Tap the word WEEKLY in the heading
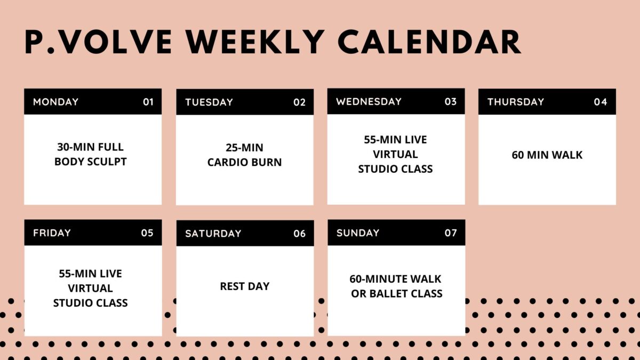(255, 42)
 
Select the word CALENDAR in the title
(430, 42)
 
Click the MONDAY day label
(55, 102)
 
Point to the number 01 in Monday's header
(148, 102)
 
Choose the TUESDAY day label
(209, 102)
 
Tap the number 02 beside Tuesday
(299, 102)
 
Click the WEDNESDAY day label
(369, 102)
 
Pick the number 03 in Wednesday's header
(451, 102)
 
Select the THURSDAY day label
(516, 102)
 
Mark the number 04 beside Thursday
(601, 102)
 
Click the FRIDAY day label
(52, 233)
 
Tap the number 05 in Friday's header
(147, 233)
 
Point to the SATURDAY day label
(213, 234)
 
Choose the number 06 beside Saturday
(299, 234)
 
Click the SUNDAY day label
(358, 233)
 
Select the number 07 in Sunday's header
(451, 233)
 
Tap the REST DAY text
(245, 286)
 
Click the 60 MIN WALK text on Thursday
(547, 155)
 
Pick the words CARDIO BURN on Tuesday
(245, 162)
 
